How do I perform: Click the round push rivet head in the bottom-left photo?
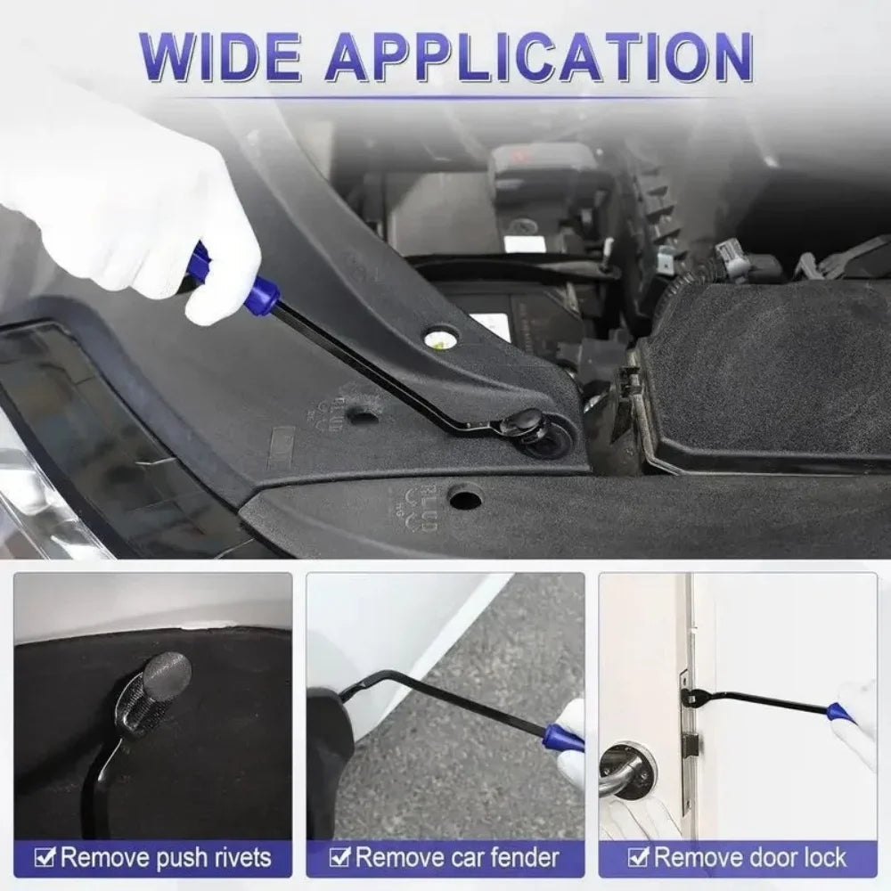tap(167, 674)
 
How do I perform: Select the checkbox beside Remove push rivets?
tap(45, 858)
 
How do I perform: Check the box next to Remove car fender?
tap(339, 858)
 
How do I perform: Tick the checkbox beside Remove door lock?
tap(638, 858)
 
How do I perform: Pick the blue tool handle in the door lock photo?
tap(838, 713)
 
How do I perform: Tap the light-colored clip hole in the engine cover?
tap(439, 337)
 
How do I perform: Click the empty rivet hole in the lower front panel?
tap(465, 497)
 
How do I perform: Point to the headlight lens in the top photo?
tap(36, 499)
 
